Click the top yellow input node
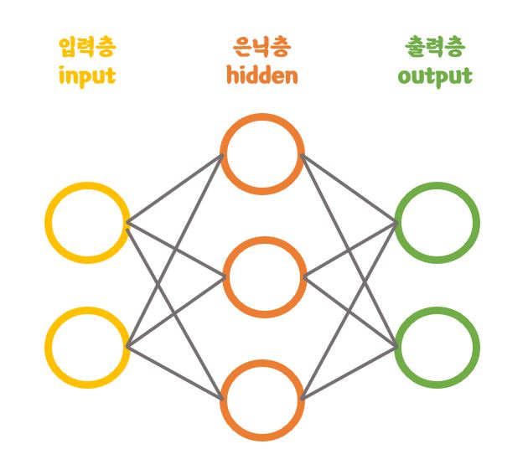pos(87,223)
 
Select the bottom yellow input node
pos(87,347)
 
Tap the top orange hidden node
pos(262,154)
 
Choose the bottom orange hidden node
pos(262,400)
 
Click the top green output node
pos(437,223)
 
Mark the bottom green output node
pos(437,347)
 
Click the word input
pos(87,76)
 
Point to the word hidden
pos(262,76)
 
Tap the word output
pos(435,77)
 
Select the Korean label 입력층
pos(87,47)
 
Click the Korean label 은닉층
pos(262,47)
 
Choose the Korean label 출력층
pos(435,47)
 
